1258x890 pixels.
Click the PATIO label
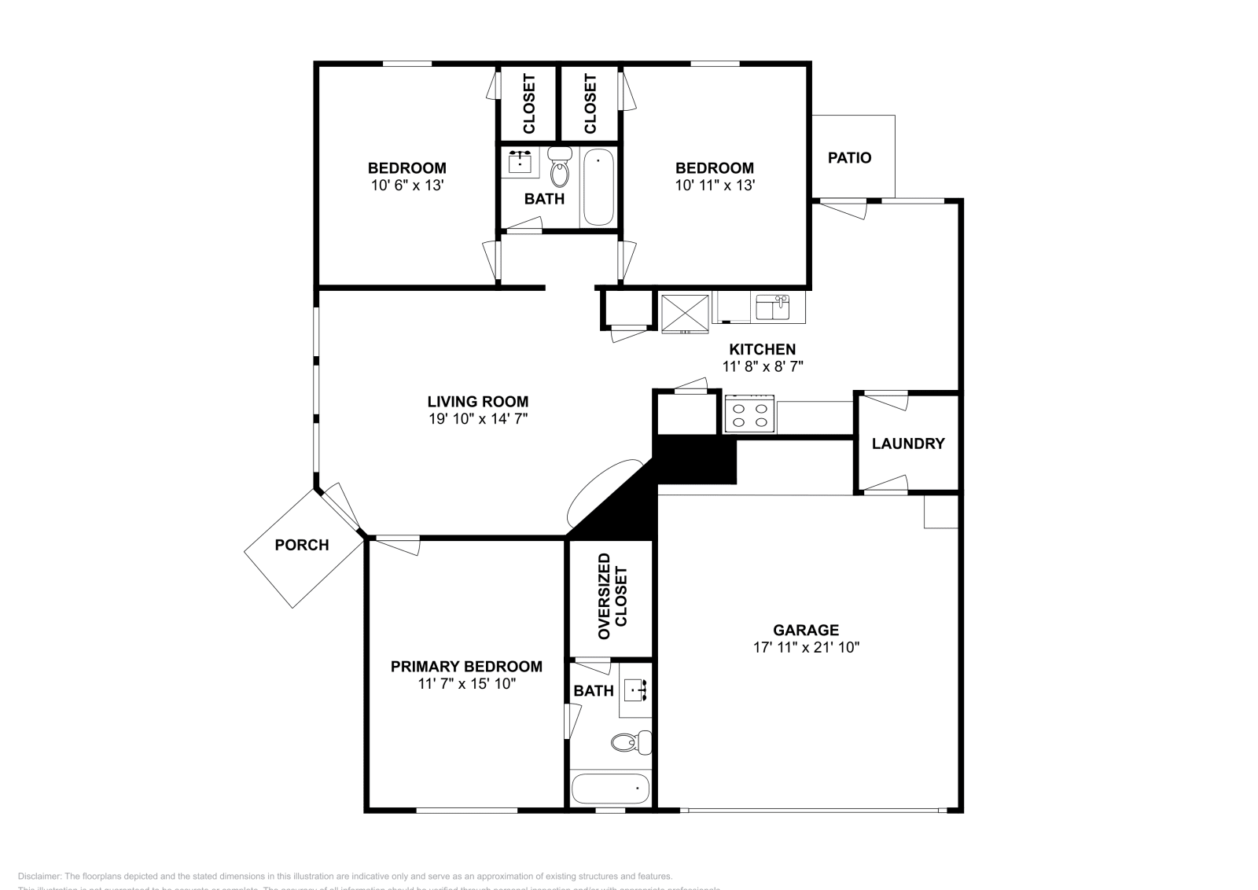click(849, 158)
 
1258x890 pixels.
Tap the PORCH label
click(302, 545)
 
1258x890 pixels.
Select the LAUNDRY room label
click(907, 443)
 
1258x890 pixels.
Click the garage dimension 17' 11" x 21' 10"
click(806, 648)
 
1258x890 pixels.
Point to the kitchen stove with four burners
click(749, 414)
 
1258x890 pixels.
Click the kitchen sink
click(772, 307)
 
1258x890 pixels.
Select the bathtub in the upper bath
click(598, 188)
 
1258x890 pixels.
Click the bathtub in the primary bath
click(610, 788)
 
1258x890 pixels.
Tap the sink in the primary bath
click(635, 691)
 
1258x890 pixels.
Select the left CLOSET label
click(528, 104)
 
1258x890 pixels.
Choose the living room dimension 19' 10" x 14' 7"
click(477, 419)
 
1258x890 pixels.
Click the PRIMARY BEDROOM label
click(466, 667)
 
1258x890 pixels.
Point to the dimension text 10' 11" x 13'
click(715, 186)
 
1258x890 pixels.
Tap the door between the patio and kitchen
click(841, 208)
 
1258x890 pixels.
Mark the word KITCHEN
click(762, 349)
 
